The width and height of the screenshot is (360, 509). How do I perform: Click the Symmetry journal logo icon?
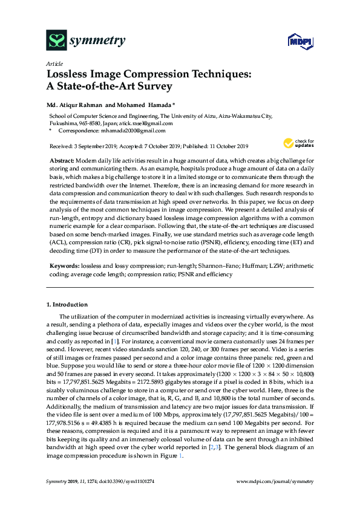56,41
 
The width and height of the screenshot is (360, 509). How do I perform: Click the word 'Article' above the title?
54,63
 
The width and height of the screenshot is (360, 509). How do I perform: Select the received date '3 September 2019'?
96,146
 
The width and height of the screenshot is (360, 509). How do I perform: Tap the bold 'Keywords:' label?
64,265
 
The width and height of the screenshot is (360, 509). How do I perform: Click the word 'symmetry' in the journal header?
97,41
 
